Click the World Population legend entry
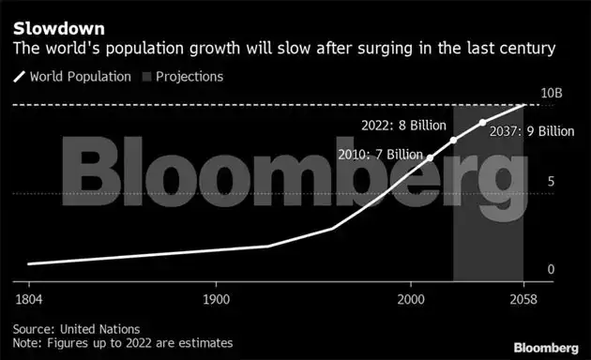click(80, 76)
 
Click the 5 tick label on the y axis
click(552, 182)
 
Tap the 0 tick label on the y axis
click(552, 269)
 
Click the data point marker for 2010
click(431, 157)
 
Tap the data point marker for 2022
click(454, 141)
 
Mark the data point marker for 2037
click(483, 123)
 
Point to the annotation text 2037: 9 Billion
click(532, 131)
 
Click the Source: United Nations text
click(76, 329)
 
